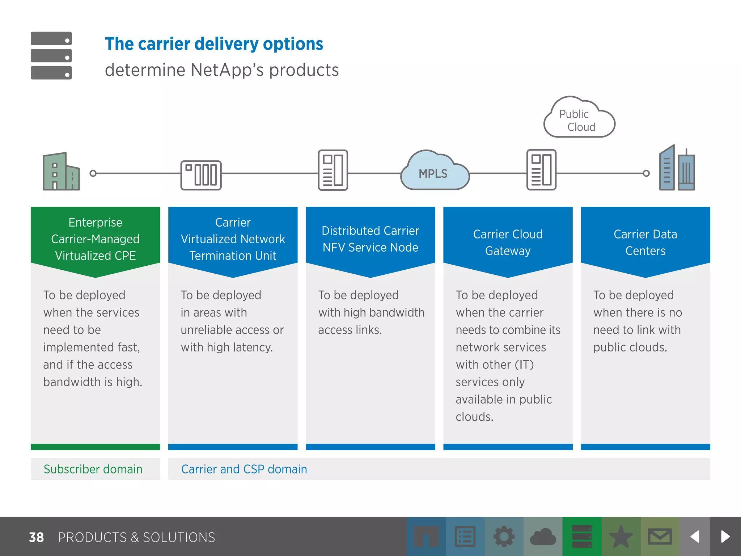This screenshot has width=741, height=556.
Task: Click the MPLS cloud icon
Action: point(434,172)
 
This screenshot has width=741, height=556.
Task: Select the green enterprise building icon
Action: point(61,172)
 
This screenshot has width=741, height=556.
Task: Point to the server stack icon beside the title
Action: point(51,55)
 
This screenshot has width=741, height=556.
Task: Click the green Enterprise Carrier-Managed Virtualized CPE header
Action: point(95,239)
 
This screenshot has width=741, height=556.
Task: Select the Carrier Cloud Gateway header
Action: point(508,242)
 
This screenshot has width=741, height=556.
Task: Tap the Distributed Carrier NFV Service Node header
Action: point(370,239)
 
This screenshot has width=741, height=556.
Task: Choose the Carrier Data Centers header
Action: point(645,242)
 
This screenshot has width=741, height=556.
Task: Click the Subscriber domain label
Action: point(93,469)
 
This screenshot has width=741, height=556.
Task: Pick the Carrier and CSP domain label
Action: point(244,469)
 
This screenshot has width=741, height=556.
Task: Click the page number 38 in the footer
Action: point(36,538)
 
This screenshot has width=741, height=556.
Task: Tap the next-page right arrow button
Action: point(725,536)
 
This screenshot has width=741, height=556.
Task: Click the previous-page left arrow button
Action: point(695,536)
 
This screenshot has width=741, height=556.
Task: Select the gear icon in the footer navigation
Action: point(504,536)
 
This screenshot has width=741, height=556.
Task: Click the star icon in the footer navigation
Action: point(621,536)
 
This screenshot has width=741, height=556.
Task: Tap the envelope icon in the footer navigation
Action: point(660,536)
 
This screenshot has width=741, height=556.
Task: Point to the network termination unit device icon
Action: point(201,175)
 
